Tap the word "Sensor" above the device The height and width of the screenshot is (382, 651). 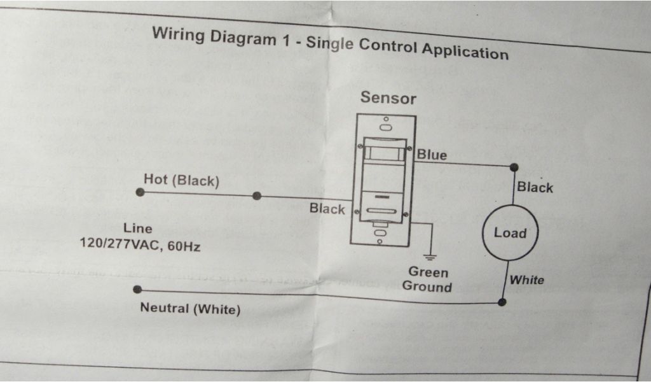pos(388,98)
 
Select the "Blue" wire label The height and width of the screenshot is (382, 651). pos(432,155)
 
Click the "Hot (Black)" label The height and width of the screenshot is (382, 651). pos(181,180)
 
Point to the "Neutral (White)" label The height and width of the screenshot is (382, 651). pos(190,309)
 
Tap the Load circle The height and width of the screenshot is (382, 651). pos(510,233)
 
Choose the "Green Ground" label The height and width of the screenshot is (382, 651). pos(427,279)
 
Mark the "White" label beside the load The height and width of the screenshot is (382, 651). pos(526,280)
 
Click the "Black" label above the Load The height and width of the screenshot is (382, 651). pos(535,187)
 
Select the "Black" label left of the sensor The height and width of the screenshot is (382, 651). pos(327,209)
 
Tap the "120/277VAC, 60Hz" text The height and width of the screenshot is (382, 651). pos(139,244)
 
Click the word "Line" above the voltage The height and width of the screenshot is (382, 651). pos(138,228)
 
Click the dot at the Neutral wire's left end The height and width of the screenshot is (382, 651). pos(137,290)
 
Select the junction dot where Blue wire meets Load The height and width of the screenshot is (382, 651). pos(514,167)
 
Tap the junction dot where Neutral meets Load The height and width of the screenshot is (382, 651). pos(502,302)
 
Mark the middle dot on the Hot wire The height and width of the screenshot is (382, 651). pos(256,196)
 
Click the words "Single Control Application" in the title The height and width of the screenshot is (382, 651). pos(407,48)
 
